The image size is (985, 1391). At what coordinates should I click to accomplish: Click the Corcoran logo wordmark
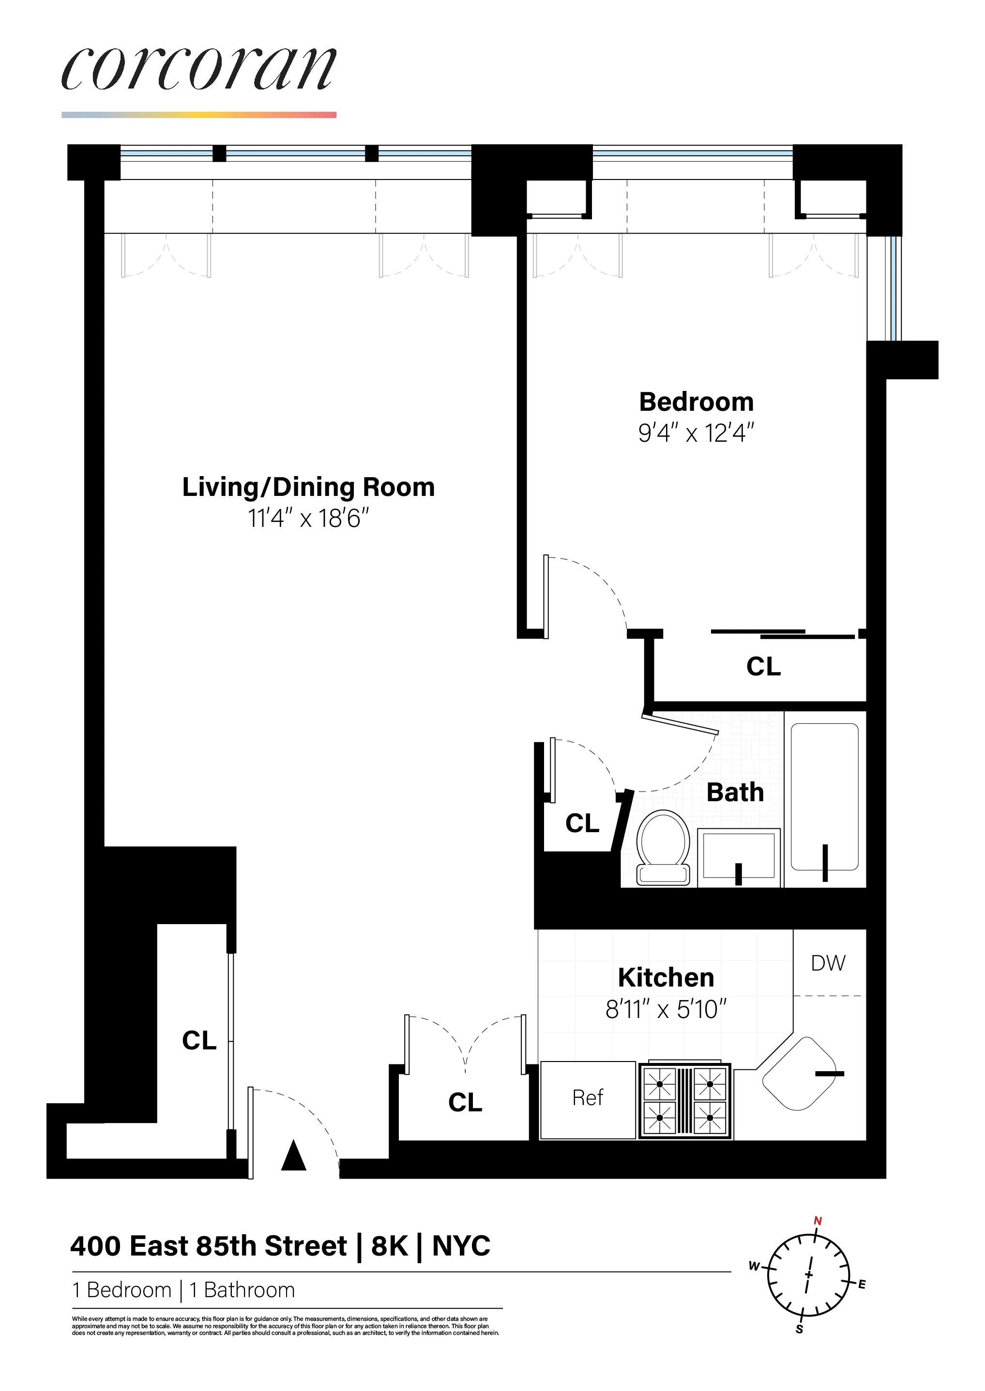tap(199, 70)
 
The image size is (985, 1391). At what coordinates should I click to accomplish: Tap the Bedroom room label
tap(697, 402)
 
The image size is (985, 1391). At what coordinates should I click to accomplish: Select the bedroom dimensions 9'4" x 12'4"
tap(697, 434)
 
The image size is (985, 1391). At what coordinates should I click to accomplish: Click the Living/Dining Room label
tap(308, 487)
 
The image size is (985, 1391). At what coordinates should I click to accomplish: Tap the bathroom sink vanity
tap(739, 856)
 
